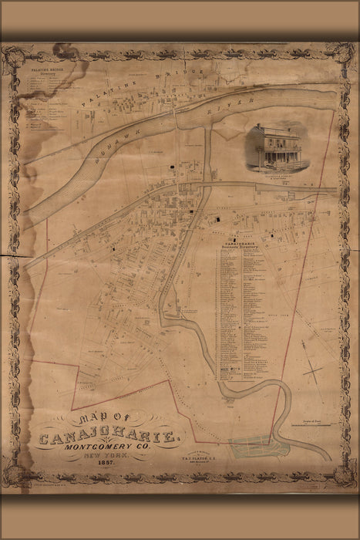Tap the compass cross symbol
coord(313,373)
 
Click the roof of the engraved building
coord(275,131)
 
